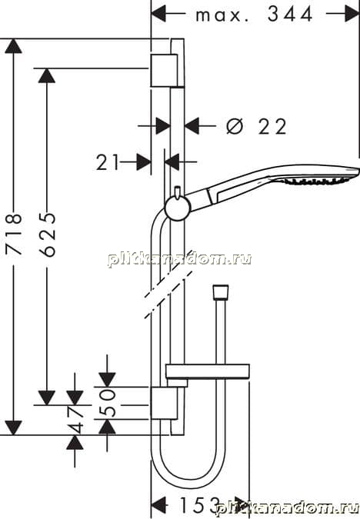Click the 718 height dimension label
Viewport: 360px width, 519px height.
[x=15, y=235]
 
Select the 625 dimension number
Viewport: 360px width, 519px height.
[x=48, y=235]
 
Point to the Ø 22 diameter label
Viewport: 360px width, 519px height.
[x=256, y=126]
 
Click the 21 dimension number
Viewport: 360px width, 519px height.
[x=107, y=163]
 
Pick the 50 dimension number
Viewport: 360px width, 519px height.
[x=107, y=403]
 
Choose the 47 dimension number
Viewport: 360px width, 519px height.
[x=75, y=420]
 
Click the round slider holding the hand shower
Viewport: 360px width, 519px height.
[x=178, y=208]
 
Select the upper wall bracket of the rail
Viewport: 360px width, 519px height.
[x=164, y=70]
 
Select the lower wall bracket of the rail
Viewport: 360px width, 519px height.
[x=164, y=403]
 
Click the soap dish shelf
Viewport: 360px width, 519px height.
[x=208, y=371]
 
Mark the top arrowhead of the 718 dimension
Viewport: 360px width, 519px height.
[x=14, y=46]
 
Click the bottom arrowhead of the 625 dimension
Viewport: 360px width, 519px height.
[x=47, y=398]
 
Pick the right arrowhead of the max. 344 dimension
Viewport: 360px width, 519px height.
[x=352, y=14]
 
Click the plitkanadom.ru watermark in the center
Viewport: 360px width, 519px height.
[x=179, y=258]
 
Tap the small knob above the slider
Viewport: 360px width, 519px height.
[x=178, y=192]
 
